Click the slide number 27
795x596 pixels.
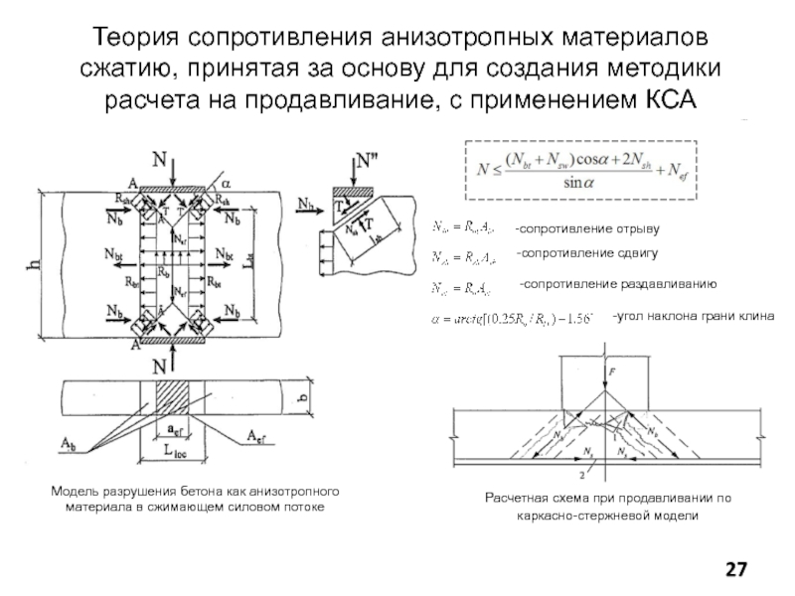[736, 568]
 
